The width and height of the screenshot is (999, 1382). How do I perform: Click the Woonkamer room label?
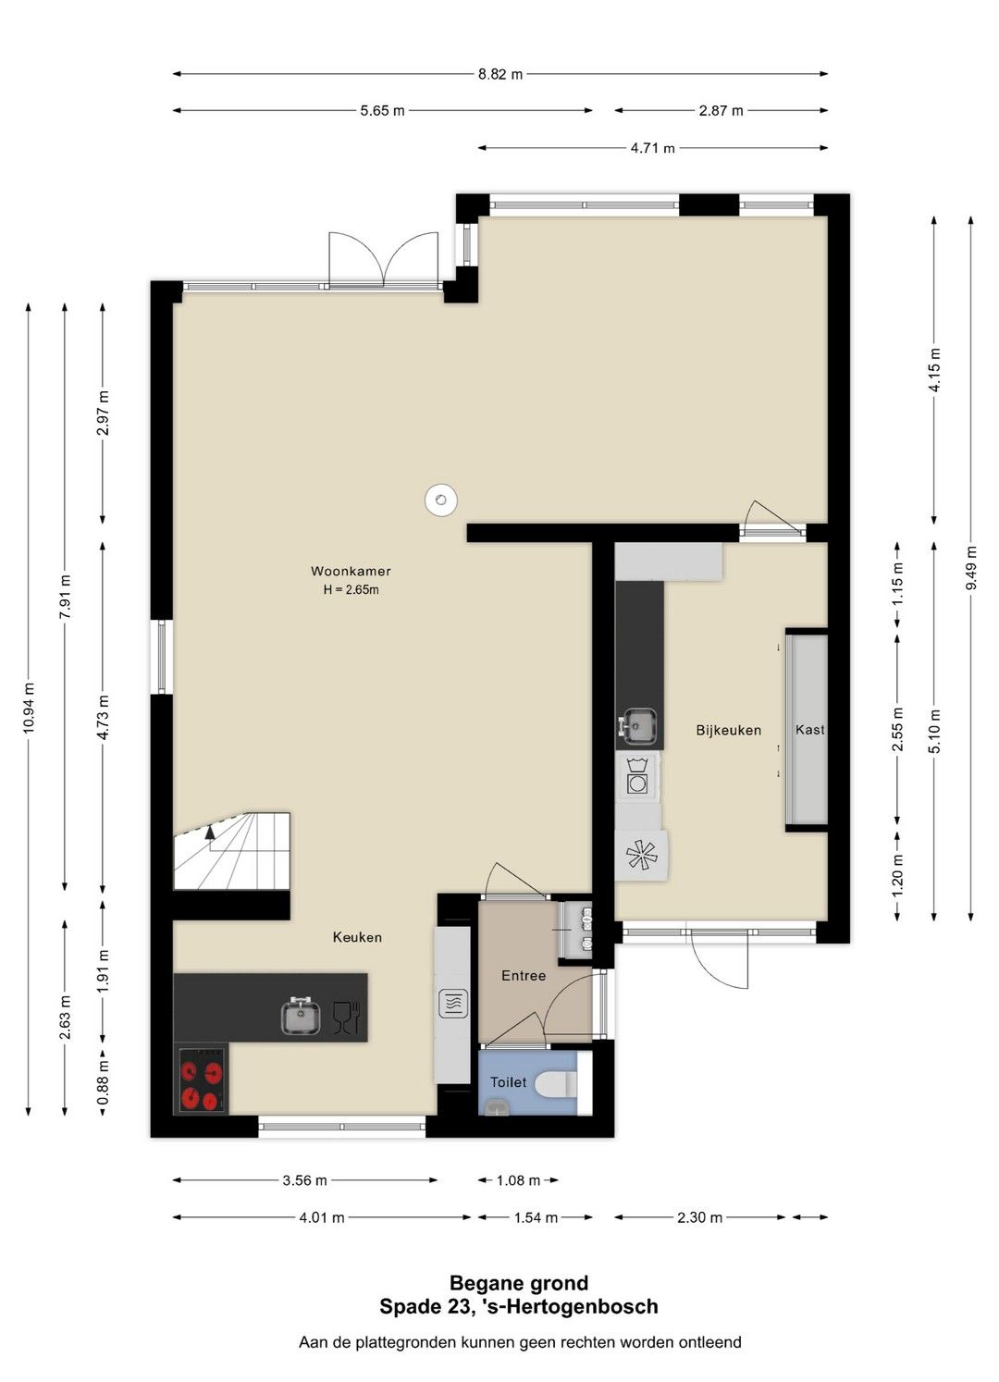point(351,572)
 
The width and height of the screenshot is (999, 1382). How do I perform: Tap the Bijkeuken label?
point(729,731)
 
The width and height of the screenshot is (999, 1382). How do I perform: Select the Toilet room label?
point(509,1082)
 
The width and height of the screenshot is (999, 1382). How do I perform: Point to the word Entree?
point(524,975)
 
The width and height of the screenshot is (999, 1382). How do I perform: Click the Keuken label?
point(357,937)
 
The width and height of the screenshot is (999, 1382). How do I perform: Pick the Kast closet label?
point(809,730)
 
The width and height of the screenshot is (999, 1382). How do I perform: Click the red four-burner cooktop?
point(202,1080)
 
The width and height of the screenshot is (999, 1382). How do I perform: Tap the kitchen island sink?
point(301,1016)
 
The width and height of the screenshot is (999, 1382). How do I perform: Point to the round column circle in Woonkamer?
point(440,499)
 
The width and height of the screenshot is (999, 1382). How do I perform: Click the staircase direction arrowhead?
point(210,833)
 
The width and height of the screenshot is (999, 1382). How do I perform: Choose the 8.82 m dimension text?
point(499,74)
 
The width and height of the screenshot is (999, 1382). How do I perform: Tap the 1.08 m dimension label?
point(518,1180)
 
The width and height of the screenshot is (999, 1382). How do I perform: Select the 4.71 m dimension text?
point(653,148)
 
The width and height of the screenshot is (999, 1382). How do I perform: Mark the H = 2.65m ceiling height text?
point(351,590)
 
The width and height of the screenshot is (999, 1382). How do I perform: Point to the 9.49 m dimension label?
point(971,568)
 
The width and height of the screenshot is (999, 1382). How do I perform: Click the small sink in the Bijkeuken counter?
point(637,724)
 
